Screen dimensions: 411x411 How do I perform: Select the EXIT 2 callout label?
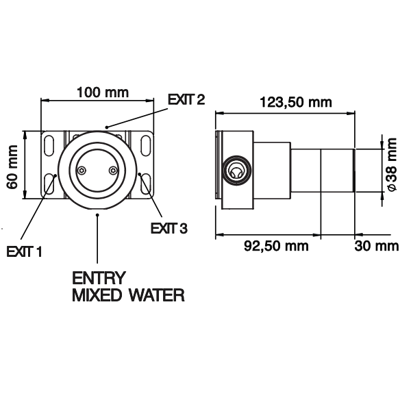click(186, 100)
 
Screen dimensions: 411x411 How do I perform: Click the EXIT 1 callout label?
click(25, 251)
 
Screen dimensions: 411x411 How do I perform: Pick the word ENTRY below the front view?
click(99, 279)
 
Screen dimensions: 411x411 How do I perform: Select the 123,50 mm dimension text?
click(296, 103)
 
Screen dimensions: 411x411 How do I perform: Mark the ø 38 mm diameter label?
click(391, 166)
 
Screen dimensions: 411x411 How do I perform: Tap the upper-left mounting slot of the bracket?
click(49, 145)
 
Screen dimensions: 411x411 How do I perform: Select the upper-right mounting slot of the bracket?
click(146, 145)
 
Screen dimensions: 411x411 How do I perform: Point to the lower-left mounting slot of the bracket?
click(49, 184)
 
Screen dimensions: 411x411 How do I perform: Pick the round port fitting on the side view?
click(234, 171)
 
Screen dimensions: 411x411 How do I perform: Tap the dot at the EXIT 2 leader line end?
click(106, 126)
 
